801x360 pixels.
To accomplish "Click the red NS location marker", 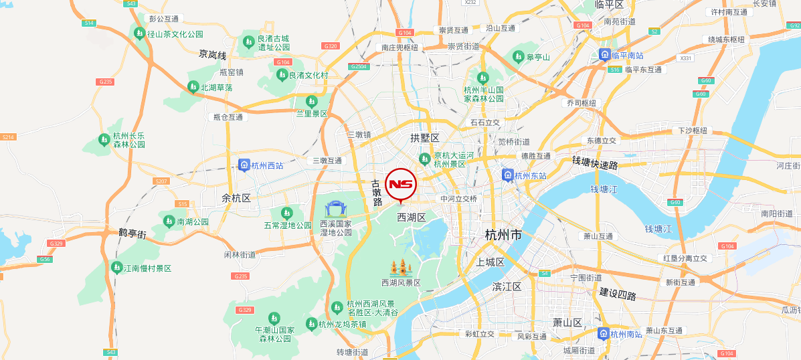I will pyautogui.click(x=401, y=184).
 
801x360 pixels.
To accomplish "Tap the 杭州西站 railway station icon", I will pyautogui.click(x=244, y=165).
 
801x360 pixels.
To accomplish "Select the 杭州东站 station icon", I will pyautogui.click(x=508, y=175).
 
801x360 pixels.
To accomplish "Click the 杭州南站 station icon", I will pyautogui.click(x=604, y=333).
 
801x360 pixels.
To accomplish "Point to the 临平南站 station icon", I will pyautogui.click(x=604, y=55).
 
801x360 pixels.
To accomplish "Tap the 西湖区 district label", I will pyautogui.click(x=412, y=217).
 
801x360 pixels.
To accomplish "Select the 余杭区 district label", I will pyautogui.click(x=236, y=198).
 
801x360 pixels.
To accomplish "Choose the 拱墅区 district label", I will pyautogui.click(x=425, y=138).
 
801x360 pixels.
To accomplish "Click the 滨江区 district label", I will pyautogui.click(x=506, y=286).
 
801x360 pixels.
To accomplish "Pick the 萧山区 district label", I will pyautogui.click(x=567, y=323).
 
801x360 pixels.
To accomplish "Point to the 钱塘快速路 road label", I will pyautogui.click(x=595, y=163).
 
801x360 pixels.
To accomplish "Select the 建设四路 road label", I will pyautogui.click(x=618, y=294).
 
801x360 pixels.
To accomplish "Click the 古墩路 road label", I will pyautogui.click(x=377, y=193).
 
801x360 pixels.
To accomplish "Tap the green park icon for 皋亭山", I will pyautogui.click(x=518, y=57).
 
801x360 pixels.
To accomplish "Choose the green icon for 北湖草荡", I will pyautogui.click(x=193, y=87).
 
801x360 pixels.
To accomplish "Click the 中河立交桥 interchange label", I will pyautogui.click(x=458, y=199).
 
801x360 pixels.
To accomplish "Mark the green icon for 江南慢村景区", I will pyautogui.click(x=117, y=268).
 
